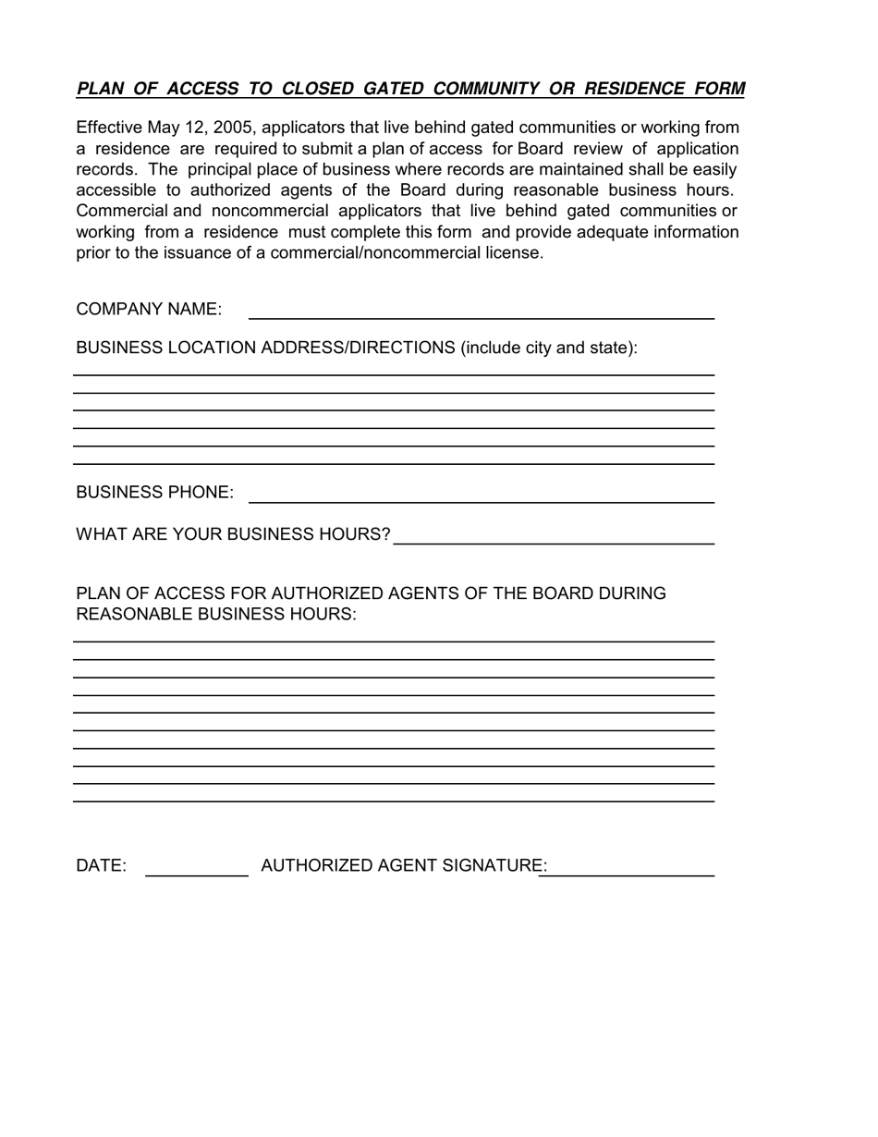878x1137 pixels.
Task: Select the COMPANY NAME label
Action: coord(149,310)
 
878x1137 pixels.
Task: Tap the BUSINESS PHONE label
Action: coord(154,493)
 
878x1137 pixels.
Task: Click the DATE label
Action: coord(101,866)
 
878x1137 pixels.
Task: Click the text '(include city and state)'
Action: coord(549,348)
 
